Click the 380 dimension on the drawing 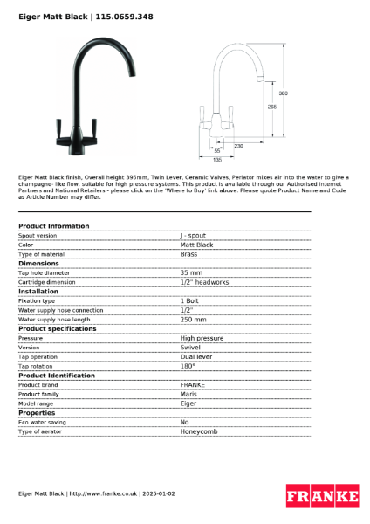pos(282,93)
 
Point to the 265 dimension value pos(271,107)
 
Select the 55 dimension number pos(217,151)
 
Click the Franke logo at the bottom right pos(322,496)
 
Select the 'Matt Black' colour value pos(196,245)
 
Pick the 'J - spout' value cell pos(193,236)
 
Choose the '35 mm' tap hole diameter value pos(191,272)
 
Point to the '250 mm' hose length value pos(193,319)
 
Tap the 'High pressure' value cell pos(202,338)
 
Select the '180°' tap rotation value pos(188,366)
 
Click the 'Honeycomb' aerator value pos(199,431)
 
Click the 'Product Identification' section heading pos(57,376)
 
